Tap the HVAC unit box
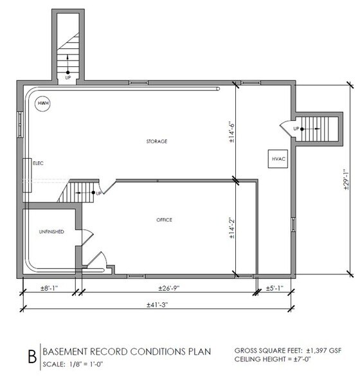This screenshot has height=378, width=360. click(278, 159)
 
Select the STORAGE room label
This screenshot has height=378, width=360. click(156, 141)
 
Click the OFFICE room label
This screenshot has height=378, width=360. click(164, 220)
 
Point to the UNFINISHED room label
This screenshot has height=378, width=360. click(51, 231)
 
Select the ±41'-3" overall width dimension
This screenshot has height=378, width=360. click(157, 305)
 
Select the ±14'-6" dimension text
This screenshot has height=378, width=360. click(230, 132)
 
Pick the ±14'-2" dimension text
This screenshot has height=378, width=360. click(230, 228)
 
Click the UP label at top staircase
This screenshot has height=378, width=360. click(67, 78)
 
